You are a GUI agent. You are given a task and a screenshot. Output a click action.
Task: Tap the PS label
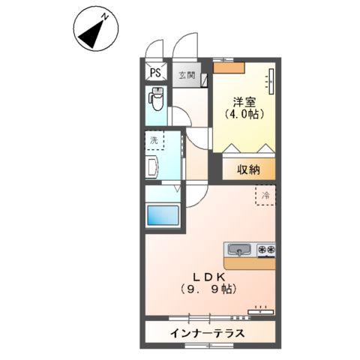coord(155,73)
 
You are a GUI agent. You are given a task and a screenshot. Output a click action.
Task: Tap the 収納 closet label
coord(248,169)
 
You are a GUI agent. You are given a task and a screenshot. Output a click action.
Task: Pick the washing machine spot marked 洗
coord(154,140)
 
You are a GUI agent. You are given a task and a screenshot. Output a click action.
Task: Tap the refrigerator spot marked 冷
coord(265,196)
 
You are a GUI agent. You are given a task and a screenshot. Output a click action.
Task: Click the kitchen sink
coord(240,249)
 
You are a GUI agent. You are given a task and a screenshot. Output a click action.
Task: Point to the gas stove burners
coord(265,249)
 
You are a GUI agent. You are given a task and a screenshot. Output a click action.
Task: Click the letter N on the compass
coord(106,17)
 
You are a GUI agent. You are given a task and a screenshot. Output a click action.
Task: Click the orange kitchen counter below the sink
coord(249,262)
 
